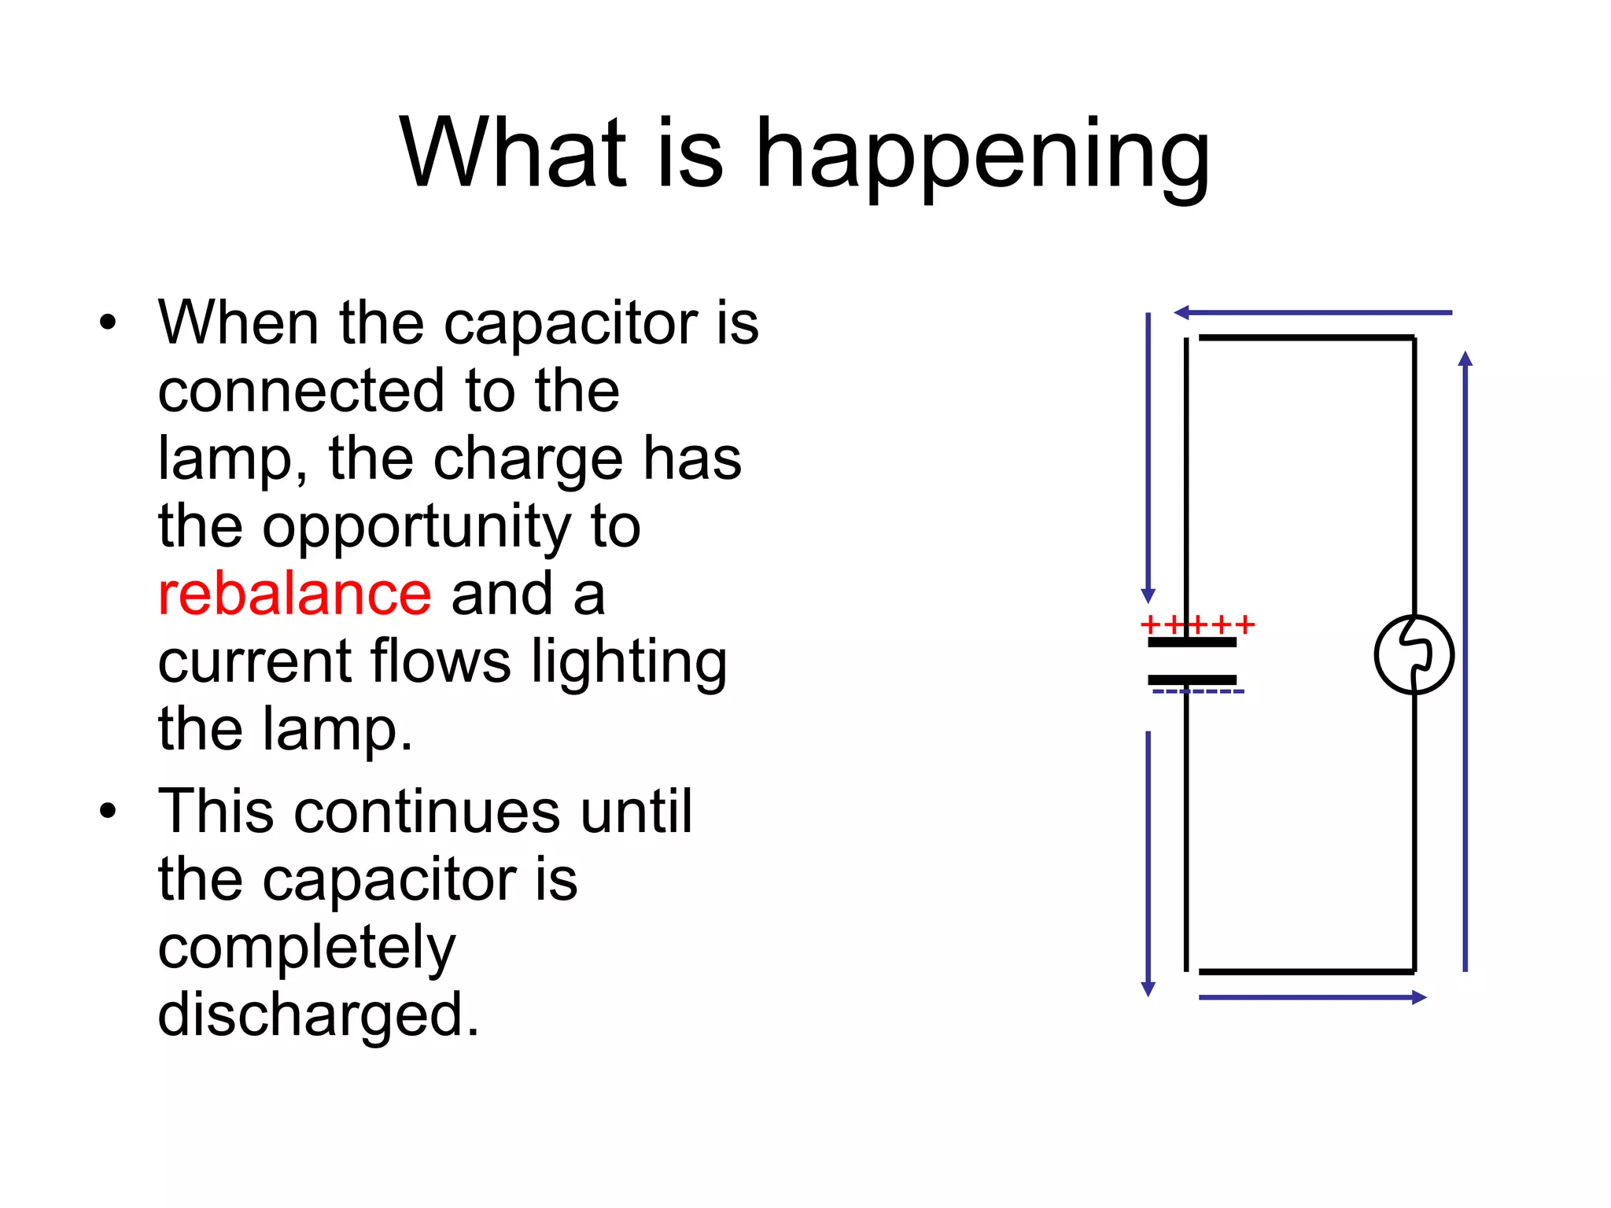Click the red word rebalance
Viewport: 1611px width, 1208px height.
coord(294,595)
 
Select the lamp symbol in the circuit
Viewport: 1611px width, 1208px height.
coord(1414,654)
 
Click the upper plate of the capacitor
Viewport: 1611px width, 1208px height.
coord(1192,643)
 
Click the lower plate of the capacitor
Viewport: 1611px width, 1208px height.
coord(1192,679)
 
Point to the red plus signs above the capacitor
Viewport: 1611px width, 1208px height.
coord(1196,625)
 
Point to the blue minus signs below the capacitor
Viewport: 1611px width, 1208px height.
coord(1197,692)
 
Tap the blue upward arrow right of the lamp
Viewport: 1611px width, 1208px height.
coord(1465,661)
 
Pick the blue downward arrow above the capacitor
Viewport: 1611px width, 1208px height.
coord(1148,456)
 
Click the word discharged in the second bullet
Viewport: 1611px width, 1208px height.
coord(318,1015)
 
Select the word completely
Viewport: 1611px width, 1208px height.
coord(307,948)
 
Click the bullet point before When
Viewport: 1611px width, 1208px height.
coord(108,322)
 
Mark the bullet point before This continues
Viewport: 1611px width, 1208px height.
coord(108,811)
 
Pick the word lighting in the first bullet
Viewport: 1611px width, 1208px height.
coord(629,662)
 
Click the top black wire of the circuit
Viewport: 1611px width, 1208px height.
coord(1306,338)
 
